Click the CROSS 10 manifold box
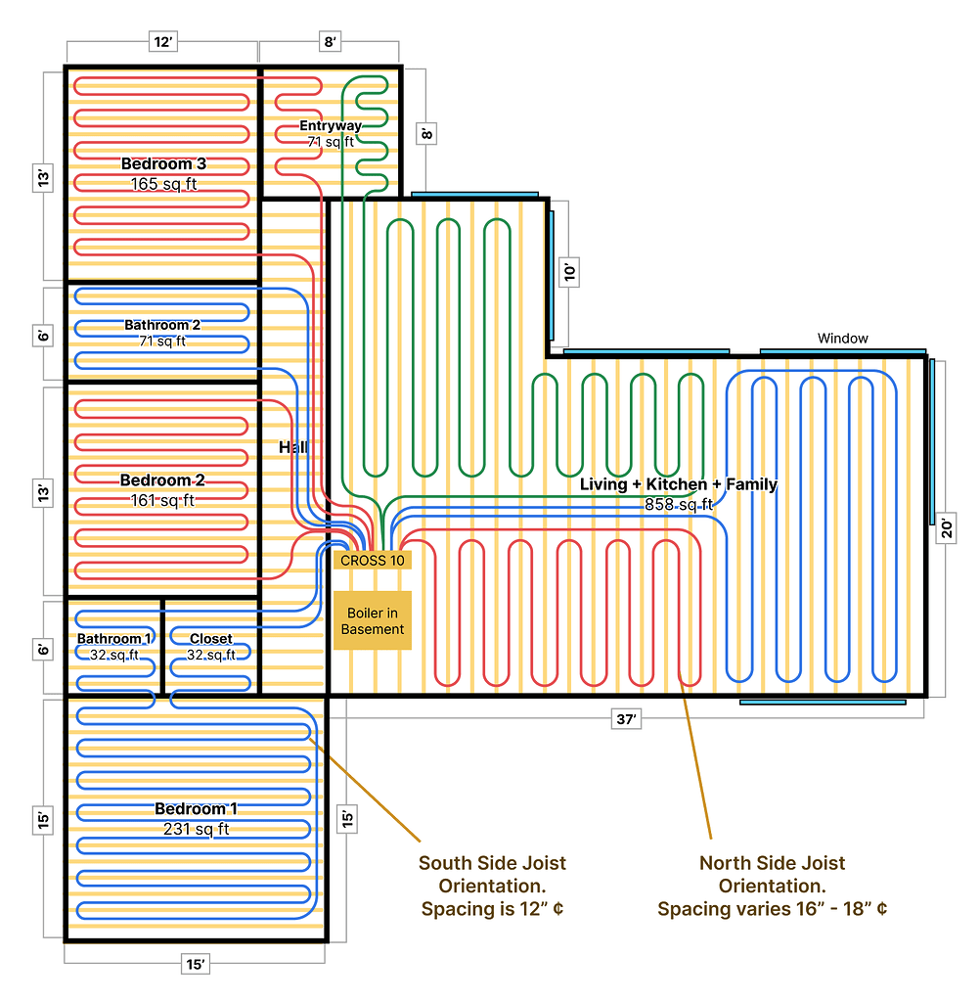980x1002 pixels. point(373,561)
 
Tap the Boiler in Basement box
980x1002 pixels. point(373,620)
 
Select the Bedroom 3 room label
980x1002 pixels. point(163,163)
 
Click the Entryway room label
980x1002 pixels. point(330,125)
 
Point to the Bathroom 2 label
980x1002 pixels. point(162,325)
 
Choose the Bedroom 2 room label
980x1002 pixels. point(162,480)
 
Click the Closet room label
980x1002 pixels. point(211,639)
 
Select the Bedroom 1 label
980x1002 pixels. point(196,809)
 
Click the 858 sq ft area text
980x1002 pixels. point(679,504)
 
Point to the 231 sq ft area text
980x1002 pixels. point(196,829)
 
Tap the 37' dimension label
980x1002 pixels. point(626,719)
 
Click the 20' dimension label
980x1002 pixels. point(946,527)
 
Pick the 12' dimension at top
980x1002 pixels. point(162,41)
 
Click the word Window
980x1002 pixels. point(842,339)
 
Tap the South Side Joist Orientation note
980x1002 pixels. point(492,886)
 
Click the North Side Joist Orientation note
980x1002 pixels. point(772,886)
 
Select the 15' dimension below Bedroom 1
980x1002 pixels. point(196,965)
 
